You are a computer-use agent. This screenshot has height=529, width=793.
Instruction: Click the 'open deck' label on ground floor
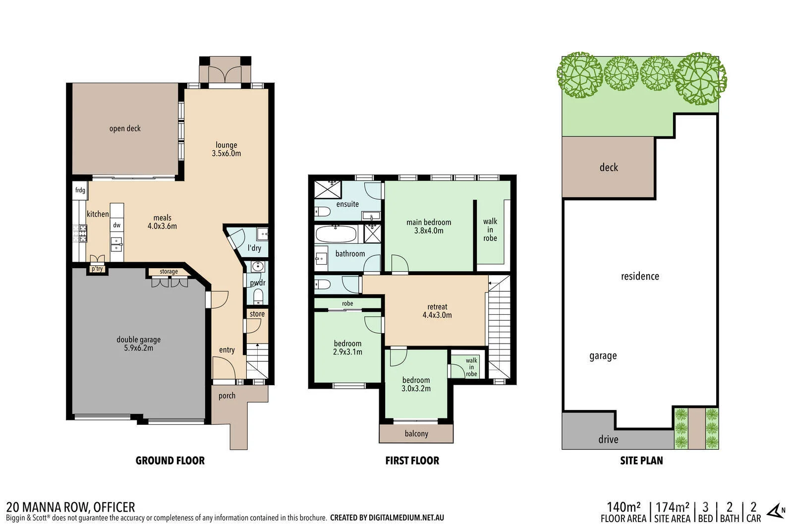click(125, 128)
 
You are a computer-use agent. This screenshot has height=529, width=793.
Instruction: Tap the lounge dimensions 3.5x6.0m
click(226, 154)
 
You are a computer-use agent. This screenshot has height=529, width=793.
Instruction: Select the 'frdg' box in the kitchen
click(80, 190)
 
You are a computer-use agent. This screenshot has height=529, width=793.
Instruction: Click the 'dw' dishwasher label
click(116, 225)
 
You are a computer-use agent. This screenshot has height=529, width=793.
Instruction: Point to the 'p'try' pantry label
click(97, 269)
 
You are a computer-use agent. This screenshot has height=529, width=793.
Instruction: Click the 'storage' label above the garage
click(169, 272)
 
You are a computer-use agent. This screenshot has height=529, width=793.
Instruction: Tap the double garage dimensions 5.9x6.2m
click(138, 348)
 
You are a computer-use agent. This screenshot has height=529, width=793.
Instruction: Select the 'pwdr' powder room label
click(257, 283)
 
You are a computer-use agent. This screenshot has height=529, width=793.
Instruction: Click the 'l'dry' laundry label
click(254, 248)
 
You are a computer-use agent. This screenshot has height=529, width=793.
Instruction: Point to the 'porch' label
click(227, 396)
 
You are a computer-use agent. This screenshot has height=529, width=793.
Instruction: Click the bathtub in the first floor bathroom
click(336, 234)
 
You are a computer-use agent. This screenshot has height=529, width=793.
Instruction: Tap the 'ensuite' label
click(347, 204)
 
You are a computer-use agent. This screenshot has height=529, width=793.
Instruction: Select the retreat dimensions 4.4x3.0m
click(437, 315)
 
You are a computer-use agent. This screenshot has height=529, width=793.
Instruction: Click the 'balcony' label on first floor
click(416, 434)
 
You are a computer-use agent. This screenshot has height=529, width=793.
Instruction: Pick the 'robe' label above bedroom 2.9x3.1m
click(347, 303)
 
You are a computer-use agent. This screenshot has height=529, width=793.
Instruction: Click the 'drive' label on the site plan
click(608, 439)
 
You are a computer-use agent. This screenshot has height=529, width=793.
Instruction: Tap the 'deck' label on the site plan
click(609, 168)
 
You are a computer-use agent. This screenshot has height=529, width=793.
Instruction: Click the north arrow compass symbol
click(775, 511)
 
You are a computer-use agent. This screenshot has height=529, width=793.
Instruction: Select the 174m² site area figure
click(672, 507)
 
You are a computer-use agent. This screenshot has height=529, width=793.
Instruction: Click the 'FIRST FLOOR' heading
click(412, 461)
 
